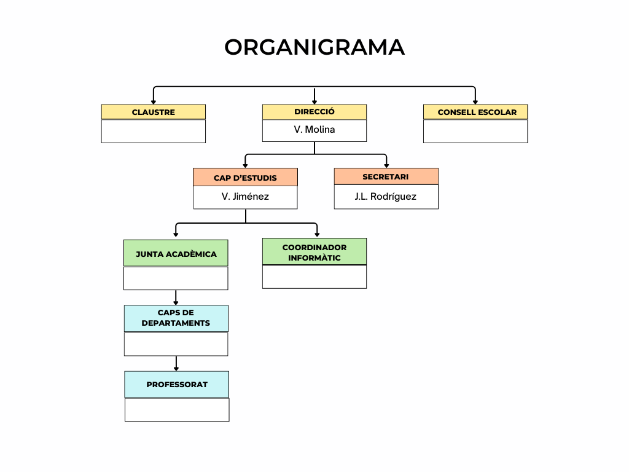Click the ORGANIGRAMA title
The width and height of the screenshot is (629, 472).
(314, 47)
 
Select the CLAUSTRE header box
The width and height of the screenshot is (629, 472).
(153, 112)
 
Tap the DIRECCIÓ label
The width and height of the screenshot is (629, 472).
(314, 112)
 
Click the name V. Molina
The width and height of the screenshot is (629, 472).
(314, 130)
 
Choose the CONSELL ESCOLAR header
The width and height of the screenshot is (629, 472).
(475, 112)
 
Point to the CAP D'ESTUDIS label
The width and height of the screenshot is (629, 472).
(245, 178)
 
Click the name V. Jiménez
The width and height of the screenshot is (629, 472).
(245, 197)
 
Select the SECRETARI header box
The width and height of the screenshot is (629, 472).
(386, 176)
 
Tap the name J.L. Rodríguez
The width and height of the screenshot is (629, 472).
(386, 197)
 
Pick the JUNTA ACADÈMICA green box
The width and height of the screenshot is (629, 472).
(176, 253)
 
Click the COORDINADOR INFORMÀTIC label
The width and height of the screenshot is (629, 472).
(314, 252)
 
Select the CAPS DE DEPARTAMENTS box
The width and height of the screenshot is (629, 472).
(176, 318)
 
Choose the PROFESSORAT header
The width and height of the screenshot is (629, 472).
(176, 384)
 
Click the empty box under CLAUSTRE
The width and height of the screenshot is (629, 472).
(153, 131)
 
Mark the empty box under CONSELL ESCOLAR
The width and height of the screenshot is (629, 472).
(475, 131)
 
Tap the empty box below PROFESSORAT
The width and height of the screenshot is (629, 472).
(176, 409)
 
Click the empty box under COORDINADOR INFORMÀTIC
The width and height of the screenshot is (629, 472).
(314, 277)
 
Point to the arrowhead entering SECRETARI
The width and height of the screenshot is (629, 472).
(386, 165)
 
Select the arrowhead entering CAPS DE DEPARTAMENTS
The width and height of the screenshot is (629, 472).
(176, 302)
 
